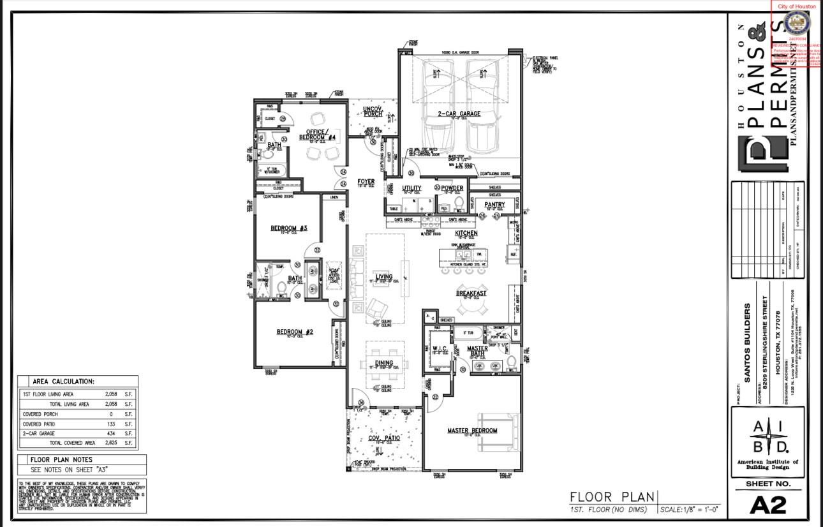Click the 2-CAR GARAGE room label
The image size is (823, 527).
459,114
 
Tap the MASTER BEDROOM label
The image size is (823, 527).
472,431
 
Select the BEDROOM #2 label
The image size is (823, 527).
295,332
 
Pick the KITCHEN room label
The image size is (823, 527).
466,234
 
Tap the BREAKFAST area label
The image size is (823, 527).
471,293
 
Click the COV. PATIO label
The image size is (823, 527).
384,438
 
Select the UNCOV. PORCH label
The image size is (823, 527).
373,112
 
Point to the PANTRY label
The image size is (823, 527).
494,205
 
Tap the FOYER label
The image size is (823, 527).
366,182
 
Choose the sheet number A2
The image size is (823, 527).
768,505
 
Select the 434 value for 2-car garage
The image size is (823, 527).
110,433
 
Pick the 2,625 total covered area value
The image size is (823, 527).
109,443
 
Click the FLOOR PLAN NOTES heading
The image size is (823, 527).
61,459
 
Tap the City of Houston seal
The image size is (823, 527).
796,24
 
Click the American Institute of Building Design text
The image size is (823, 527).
767,464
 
